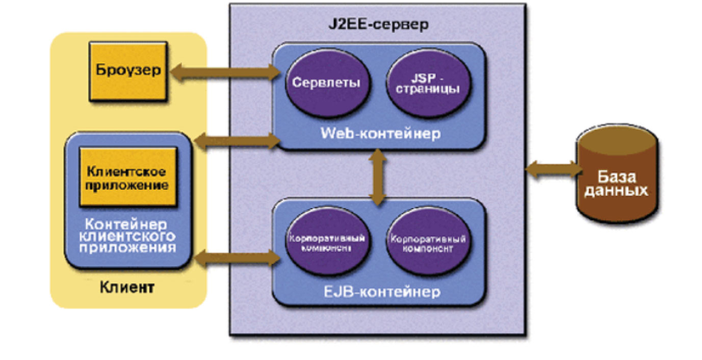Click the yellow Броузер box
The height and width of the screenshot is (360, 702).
tap(129, 71)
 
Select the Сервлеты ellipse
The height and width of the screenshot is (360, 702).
tap(321, 83)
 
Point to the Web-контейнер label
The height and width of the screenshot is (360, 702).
tap(380, 134)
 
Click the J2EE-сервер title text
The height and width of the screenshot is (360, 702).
tap(378, 24)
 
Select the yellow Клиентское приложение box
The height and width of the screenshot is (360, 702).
tap(128, 177)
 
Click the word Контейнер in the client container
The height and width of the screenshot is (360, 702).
tap(128, 224)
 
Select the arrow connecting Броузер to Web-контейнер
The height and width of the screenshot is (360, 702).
tap(224, 73)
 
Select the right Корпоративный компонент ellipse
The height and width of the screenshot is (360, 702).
tap(428, 243)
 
